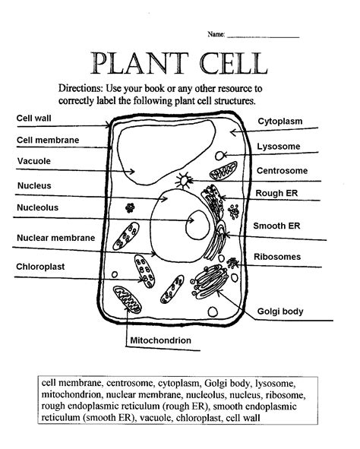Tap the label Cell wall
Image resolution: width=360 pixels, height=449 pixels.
[x=33, y=119]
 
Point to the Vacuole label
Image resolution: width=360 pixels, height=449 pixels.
[x=34, y=161]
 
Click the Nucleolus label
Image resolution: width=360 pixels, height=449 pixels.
[x=37, y=207]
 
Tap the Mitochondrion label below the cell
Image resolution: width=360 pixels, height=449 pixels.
[x=160, y=340]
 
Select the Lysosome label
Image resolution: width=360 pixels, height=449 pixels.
[x=279, y=146]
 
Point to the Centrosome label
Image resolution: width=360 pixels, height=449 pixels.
[x=282, y=170]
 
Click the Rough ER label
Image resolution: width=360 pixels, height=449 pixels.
[x=276, y=193]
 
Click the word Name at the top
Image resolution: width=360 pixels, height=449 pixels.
[x=216, y=35]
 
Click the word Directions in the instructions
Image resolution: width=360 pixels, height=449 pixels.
[x=86, y=88]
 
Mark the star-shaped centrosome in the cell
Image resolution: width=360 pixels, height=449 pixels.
[x=183, y=182]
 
